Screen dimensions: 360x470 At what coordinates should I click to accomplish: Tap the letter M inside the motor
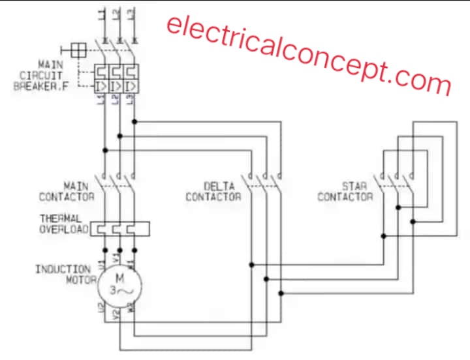pos(119,278)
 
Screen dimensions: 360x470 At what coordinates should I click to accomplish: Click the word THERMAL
pos(61,218)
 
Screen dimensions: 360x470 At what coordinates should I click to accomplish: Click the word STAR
pos(354,186)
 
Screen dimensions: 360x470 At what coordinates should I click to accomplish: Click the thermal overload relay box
pos(119,229)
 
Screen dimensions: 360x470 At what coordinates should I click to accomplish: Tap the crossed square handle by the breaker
pos(78,50)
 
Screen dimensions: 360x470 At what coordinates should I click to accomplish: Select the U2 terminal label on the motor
pos(101,308)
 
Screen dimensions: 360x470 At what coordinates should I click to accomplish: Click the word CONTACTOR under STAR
pos(345,196)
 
